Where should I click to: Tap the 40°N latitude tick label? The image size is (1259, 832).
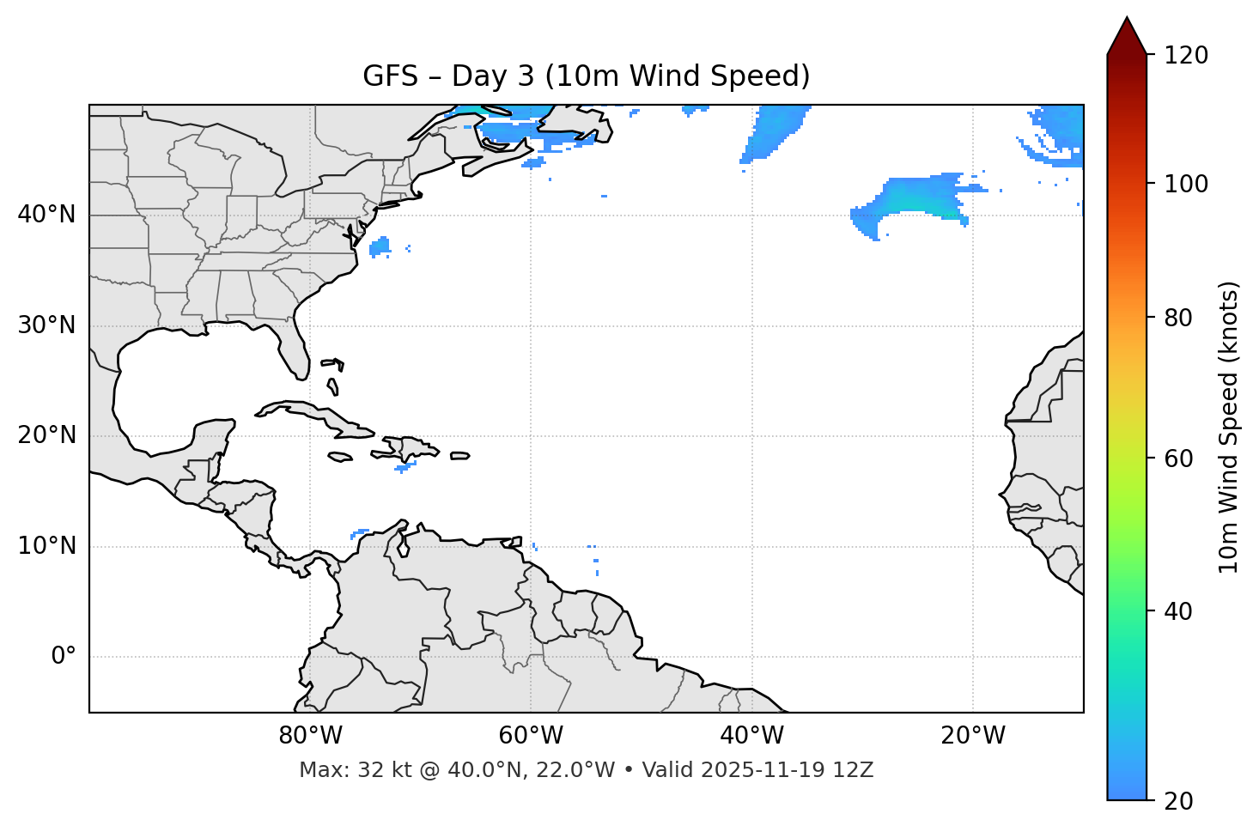click(46, 215)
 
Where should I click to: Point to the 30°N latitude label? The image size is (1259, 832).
click(46, 325)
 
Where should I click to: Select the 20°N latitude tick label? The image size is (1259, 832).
click(46, 435)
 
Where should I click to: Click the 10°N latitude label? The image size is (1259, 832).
click(46, 546)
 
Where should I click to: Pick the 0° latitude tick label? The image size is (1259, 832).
click(63, 657)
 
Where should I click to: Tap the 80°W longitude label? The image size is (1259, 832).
click(310, 736)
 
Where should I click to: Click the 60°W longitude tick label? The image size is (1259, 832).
click(531, 736)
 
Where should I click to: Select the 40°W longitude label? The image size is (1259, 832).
click(751, 736)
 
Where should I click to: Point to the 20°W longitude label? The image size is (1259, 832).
click(972, 736)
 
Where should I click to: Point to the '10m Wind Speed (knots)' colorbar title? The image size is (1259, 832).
click(1229, 427)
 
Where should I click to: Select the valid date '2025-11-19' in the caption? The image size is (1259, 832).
click(763, 770)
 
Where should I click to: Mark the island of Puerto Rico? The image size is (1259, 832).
click(459, 456)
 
